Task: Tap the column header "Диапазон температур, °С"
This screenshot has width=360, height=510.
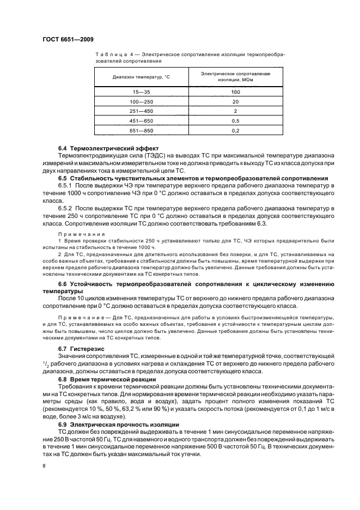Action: [142, 77]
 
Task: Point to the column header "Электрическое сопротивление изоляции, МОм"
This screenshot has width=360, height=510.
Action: [235, 76]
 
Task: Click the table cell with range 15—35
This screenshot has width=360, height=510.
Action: [142, 92]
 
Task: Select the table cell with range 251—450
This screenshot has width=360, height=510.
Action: [142, 111]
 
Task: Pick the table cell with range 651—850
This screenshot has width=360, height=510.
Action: [142, 130]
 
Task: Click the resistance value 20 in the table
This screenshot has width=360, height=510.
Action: [235, 101]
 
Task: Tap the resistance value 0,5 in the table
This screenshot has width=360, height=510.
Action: [235, 120]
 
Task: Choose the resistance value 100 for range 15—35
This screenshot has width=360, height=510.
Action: [235, 92]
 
